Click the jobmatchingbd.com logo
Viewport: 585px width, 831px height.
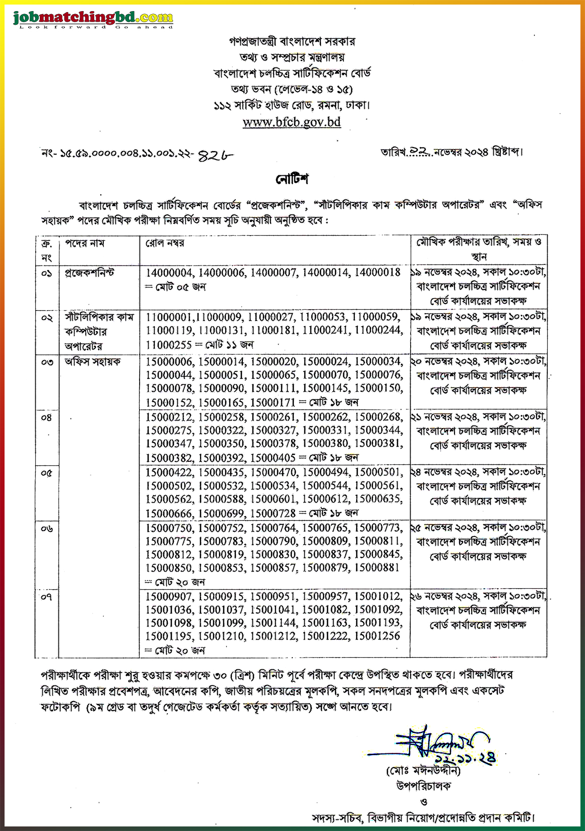pyautogui.click(x=93, y=19)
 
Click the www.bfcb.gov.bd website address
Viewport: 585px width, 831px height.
pyautogui.click(x=292, y=122)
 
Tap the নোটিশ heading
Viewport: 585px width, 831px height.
pyautogui.click(x=292, y=179)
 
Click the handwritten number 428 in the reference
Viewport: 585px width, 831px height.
pyautogui.click(x=216, y=156)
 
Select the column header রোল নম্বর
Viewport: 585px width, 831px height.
pyautogui.click(x=165, y=243)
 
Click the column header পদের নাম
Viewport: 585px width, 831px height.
pyautogui.click(x=85, y=243)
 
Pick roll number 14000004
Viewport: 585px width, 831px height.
pyautogui.click(x=169, y=272)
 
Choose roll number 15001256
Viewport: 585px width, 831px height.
pyautogui.click(x=376, y=636)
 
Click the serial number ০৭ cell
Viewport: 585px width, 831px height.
pyautogui.click(x=46, y=597)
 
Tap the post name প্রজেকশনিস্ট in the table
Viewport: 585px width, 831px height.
pyautogui.click(x=90, y=272)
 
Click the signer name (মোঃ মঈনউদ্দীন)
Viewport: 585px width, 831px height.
pyautogui.click(x=423, y=771)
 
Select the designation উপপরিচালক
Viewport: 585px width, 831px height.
pyautogui.click(x=423, y=786)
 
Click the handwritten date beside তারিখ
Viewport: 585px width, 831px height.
pyautogui.click(x=420, y=151)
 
